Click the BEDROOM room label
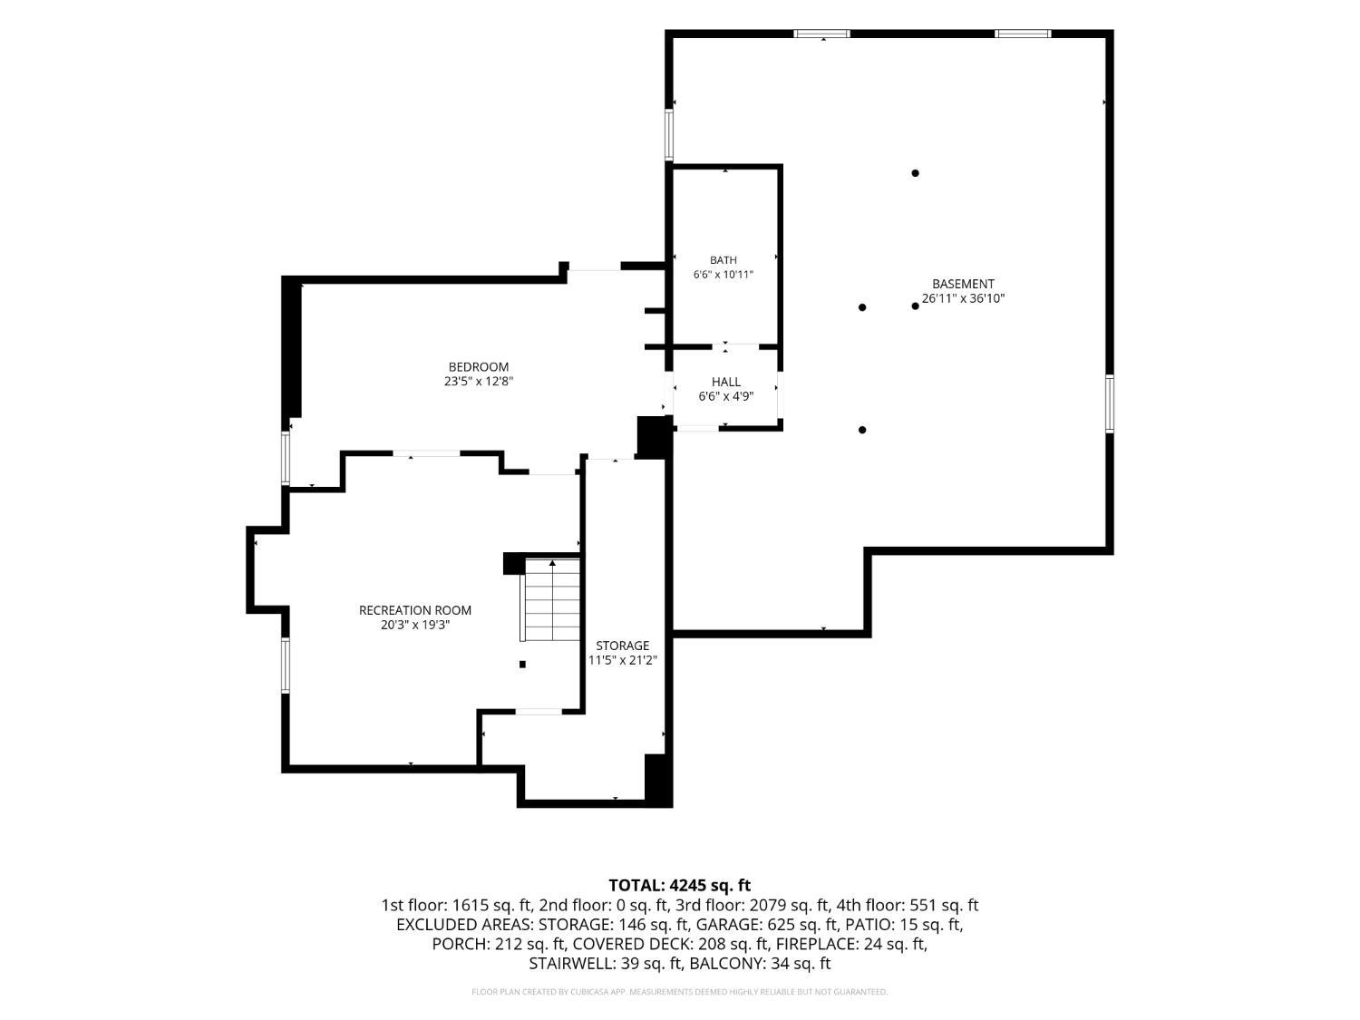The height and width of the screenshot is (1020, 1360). [479, 366]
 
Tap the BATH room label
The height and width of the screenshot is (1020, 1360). [723, 260]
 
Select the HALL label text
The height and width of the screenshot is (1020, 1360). [725, 382]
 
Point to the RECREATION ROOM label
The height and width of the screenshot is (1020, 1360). [415, 610]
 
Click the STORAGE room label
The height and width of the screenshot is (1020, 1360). [622, 646]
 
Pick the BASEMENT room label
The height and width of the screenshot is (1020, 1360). [963, 284]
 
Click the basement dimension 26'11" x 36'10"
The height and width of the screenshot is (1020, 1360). [963, 298]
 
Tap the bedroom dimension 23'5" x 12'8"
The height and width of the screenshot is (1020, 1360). [479, 382]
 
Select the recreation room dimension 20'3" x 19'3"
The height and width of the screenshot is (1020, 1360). [415, 625]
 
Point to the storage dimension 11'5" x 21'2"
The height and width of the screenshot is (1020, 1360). [622, 660]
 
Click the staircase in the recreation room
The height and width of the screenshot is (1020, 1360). [550, 599]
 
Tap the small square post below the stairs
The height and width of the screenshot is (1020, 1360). [522, 665]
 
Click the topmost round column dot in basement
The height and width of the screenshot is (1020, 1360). [915, 173]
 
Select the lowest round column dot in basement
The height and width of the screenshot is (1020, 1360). [862, 430]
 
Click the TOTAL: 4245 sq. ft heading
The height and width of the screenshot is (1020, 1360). [680, 885]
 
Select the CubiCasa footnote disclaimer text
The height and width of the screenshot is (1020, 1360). [680, 992]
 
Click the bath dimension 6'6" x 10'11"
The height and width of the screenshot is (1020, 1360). [723, 275]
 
